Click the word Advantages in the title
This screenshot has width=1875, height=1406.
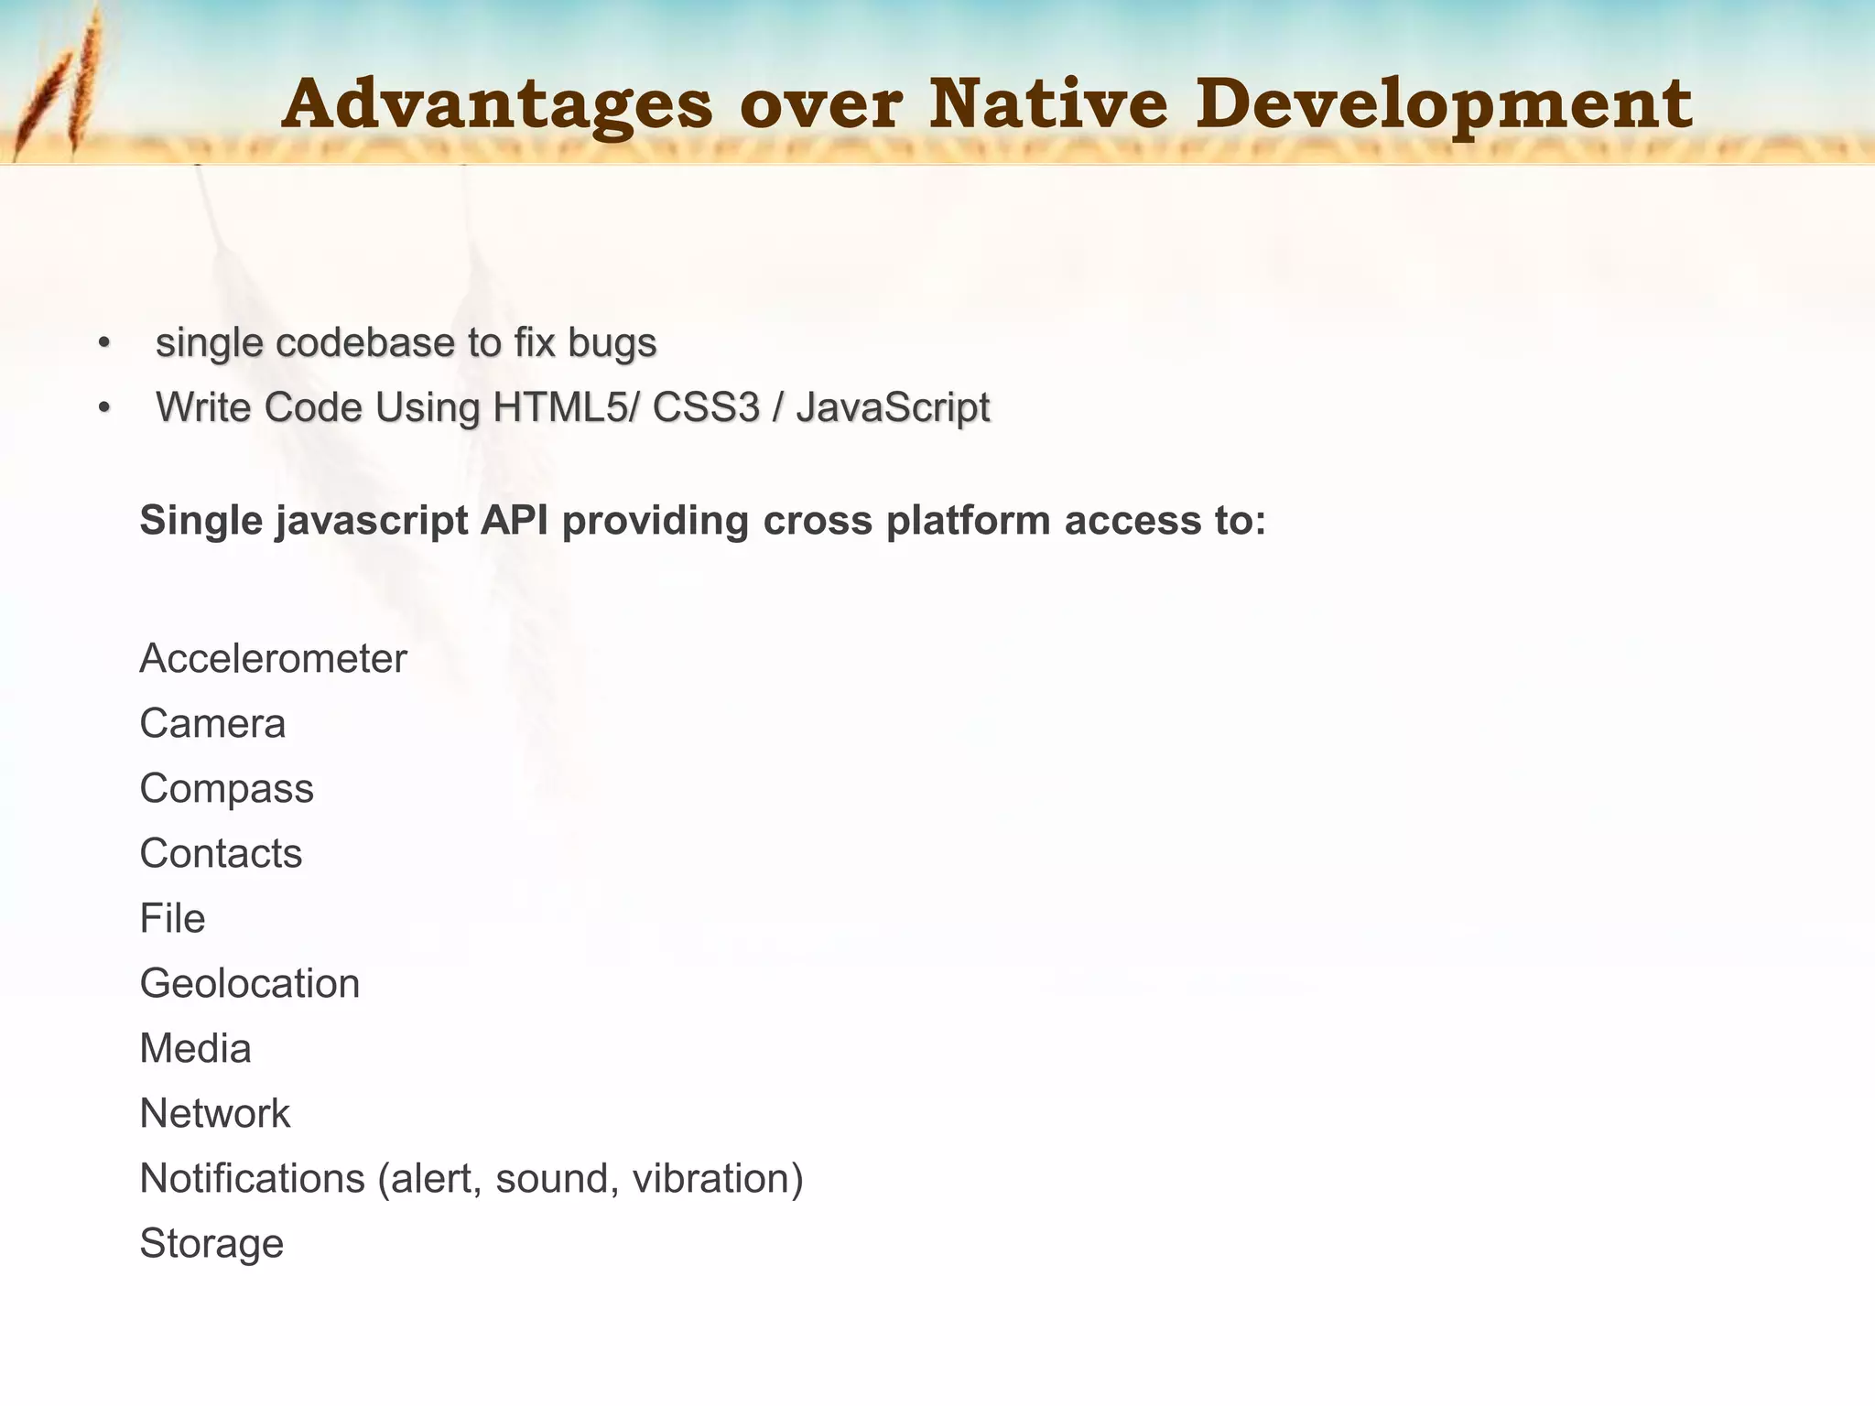point(497,104)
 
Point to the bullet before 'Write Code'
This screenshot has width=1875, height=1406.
point(104,408)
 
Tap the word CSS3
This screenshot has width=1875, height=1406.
point(706,407)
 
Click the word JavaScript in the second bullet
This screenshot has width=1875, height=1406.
point(893,408)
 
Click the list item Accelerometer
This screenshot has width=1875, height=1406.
point(273,658)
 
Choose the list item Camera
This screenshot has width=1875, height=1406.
point(212,723)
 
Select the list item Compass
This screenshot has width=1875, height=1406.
point(226,789)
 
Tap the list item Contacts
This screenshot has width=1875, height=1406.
point(221,853)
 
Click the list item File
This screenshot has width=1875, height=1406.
point(172,918)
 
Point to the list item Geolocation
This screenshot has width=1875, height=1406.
point(249,984)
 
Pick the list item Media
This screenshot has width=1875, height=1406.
point(195,1049)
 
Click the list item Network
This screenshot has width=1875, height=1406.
point(214,1114)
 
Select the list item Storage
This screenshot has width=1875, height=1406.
point(211,1244)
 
